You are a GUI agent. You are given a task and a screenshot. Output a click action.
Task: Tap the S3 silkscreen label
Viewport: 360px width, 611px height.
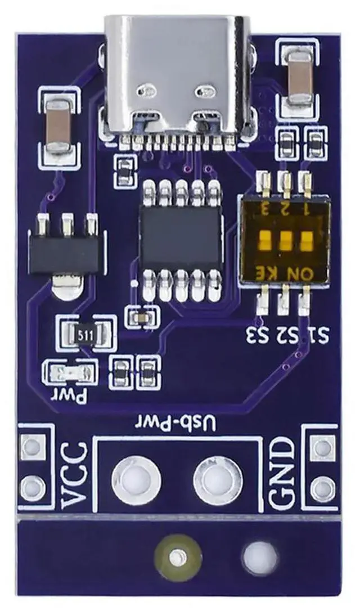tap(258, 337)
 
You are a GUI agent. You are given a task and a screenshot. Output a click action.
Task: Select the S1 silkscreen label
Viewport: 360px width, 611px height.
tap(318, 337)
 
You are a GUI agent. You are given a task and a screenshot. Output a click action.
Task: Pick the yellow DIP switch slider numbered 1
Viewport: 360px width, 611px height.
tap(306, 241)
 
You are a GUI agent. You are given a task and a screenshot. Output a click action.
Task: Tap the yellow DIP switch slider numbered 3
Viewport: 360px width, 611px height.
tap(264, 241)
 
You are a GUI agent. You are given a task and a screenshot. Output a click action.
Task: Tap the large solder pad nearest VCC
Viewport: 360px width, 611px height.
tap(136, 479)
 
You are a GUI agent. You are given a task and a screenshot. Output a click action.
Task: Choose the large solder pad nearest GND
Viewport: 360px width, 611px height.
tap(218, 479)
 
